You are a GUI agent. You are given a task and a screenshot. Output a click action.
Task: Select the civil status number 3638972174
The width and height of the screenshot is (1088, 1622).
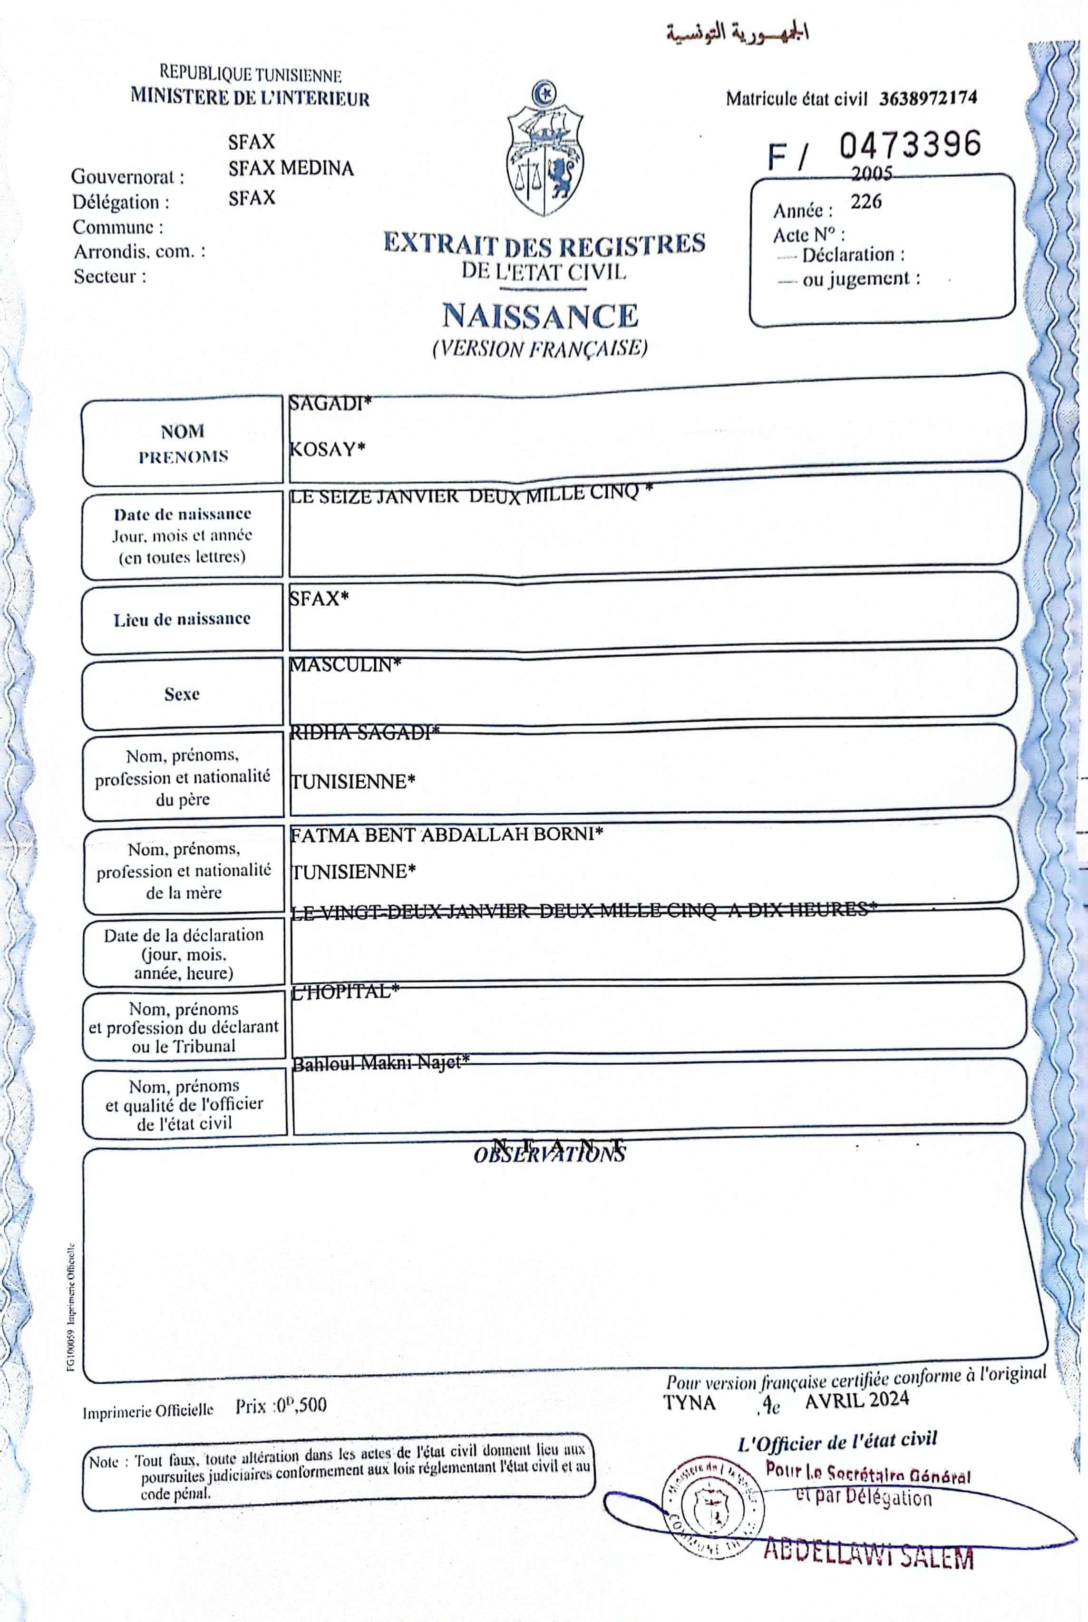[928, 98]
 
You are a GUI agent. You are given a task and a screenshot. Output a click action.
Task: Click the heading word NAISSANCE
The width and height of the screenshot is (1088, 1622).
[540, 316]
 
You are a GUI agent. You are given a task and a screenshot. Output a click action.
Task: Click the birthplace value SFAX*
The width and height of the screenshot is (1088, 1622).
[319, 598]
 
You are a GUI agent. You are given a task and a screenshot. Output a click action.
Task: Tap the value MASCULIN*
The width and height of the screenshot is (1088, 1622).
[345, 665]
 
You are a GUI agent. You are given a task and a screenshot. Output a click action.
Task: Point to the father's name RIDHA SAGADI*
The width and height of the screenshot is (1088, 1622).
[364, 733]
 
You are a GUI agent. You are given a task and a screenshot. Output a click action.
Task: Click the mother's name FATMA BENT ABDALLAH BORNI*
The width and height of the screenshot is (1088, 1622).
[446, 835]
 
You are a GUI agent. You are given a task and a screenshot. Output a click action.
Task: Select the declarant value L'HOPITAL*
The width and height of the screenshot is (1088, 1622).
[345, 991]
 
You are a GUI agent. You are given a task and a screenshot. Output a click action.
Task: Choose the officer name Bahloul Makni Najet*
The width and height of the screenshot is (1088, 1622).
[380, 1063]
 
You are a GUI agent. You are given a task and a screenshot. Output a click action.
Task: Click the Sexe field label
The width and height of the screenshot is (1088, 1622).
[182, 694]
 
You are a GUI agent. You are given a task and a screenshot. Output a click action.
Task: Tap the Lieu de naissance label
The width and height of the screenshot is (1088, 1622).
[182, 619]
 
